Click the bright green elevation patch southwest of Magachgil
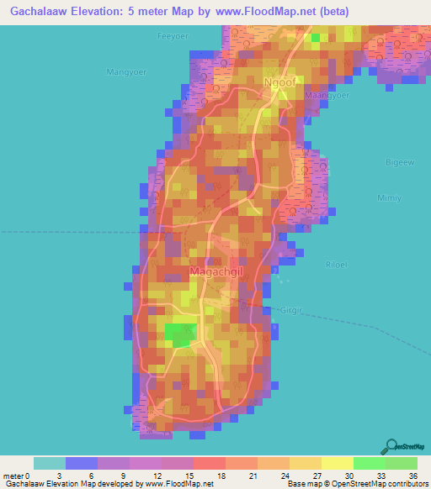179,334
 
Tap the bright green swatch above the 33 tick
370,463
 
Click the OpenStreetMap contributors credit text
376,484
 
